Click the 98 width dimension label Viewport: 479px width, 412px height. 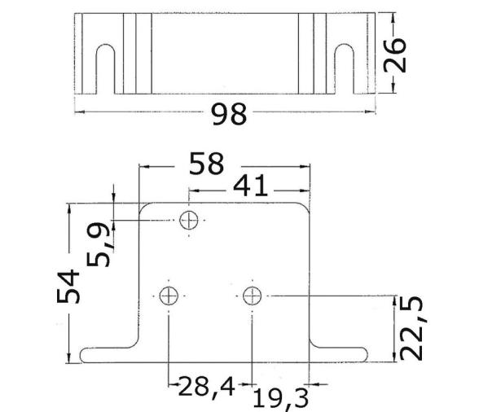(228, 115)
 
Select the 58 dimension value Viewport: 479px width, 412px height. (205, 164)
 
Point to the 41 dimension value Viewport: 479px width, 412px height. (251, 186)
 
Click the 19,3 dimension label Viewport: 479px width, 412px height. (280, 399)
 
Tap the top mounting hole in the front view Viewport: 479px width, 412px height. (189, 219)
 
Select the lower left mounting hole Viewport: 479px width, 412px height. (169, 296)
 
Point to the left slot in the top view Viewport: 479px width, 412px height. (104, 68)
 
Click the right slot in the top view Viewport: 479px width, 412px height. (345, 68)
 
